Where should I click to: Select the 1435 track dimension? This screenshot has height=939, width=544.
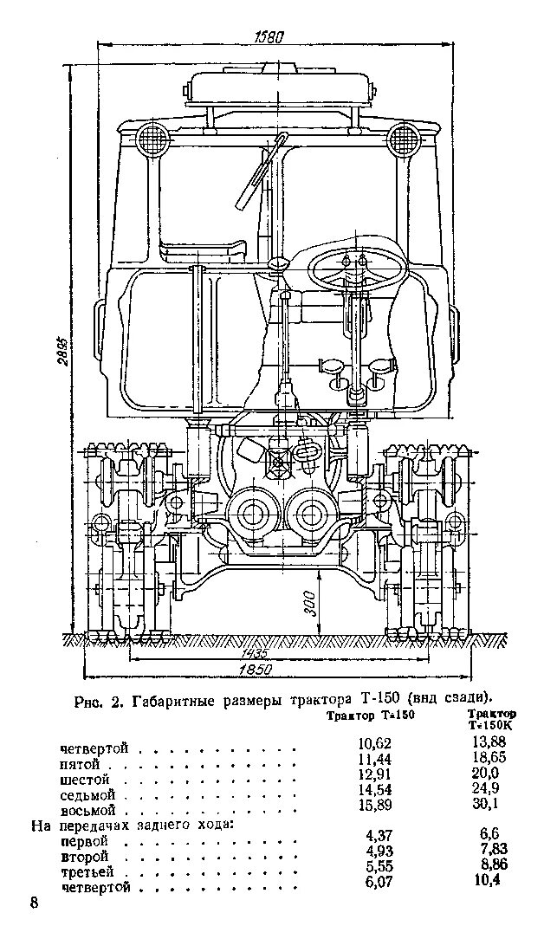tap(255, 653)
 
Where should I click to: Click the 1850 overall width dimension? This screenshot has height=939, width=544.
tap(257, 670)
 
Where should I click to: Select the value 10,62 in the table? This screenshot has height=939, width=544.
tap(375, 743)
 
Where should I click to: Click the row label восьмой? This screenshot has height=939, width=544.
tap(88, 811)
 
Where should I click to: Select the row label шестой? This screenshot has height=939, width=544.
tap(86, 780)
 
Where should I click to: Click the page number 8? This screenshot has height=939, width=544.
tap(35, 903)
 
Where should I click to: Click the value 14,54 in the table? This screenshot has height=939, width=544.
tap(375, 789)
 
